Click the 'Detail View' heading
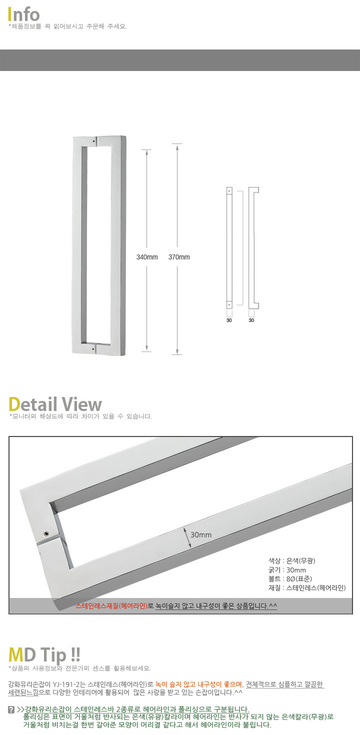pyautogui.click(x=55, y=404)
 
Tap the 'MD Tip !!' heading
pyautogui.click(x=44, y=655)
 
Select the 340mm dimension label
pyautogui.click(x=147, y=257)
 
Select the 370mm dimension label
pyautogui.click(x=179, y=257)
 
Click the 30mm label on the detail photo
pyautogui.click(x=201, y=535)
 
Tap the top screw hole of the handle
pyautogui.click(x=94, y=141)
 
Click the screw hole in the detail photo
pyautogui.click(x=46, y=534)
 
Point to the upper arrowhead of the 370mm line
pyautogui.click(x=177, y=147)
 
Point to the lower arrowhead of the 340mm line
pyautogui.click(x=146, y=348)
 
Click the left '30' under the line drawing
pyautogui.click(x=229, y=320)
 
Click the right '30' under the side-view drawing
pyautogui.click(x=251, y=320)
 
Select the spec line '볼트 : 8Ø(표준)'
pyautogui.click(x=290, y=578)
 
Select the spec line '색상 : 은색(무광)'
pyautogui.click(x=291, y=561)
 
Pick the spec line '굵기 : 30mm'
pyautogui.click(x=287, y=570)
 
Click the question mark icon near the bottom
pyautogui.click(x=11, y=709)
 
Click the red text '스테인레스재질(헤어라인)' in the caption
pyautogui.click(x=111, y=605)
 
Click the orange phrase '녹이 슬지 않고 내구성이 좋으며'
pyautogui.click(x=199, y=684)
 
